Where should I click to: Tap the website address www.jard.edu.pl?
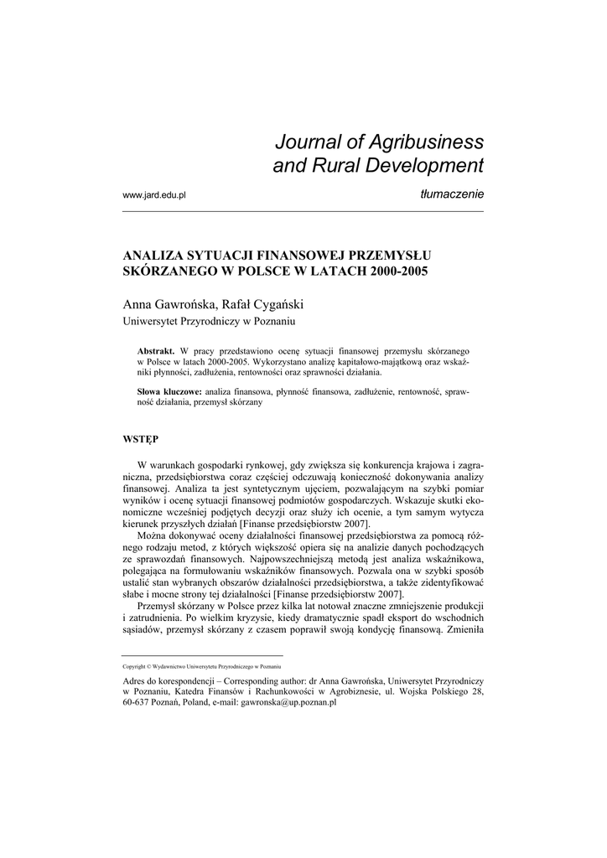[153, 194]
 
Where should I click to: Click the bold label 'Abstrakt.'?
[155, 349]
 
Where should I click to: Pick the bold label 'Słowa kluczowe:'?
[169, 391]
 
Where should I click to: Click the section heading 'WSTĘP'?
[141, 438]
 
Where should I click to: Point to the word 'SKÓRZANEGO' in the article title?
[168, 271]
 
